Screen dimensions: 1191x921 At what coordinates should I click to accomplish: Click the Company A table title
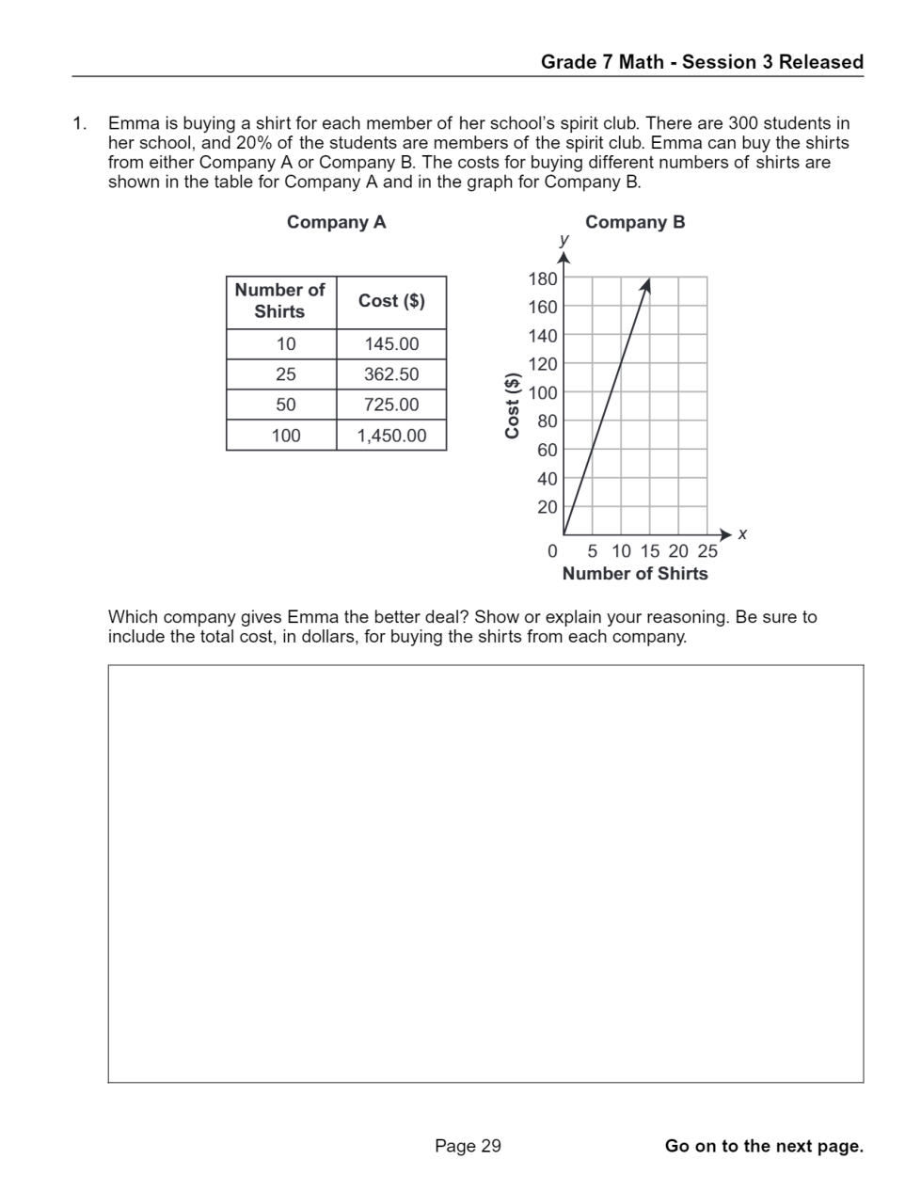[x=336, y=222]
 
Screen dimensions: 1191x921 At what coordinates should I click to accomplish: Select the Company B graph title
[x=635, y=222]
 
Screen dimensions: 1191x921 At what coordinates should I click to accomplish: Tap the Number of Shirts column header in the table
[x=279, y=301]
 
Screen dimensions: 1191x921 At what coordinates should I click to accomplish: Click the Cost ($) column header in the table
[x=391, y=301]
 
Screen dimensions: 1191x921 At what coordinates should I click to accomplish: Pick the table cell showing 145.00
[x=391, y=344]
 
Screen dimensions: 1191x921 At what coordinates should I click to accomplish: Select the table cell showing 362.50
[x=391, y=374]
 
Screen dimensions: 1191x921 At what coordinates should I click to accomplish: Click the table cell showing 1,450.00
[x=391, y=436]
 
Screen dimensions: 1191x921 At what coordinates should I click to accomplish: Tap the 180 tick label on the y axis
[x=543, y=278]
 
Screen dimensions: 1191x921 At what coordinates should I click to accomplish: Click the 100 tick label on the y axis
[x=543, y=392]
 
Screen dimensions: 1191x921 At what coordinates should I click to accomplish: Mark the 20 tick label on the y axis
[x=548, y=507]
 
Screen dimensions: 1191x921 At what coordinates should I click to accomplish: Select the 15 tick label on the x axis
[x=650, y=551]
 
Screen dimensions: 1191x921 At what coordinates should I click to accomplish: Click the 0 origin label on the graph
[x=552, y=551]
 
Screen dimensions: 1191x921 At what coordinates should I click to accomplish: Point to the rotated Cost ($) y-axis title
[x=513, y=405]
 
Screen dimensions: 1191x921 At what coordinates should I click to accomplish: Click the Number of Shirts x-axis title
[x=635, y=574]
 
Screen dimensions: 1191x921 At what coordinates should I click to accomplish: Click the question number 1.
[x=80, y=123]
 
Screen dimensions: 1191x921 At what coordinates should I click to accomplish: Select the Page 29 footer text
[x=468, y=1146]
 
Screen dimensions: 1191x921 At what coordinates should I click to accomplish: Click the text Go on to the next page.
[x=764, y=1146]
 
